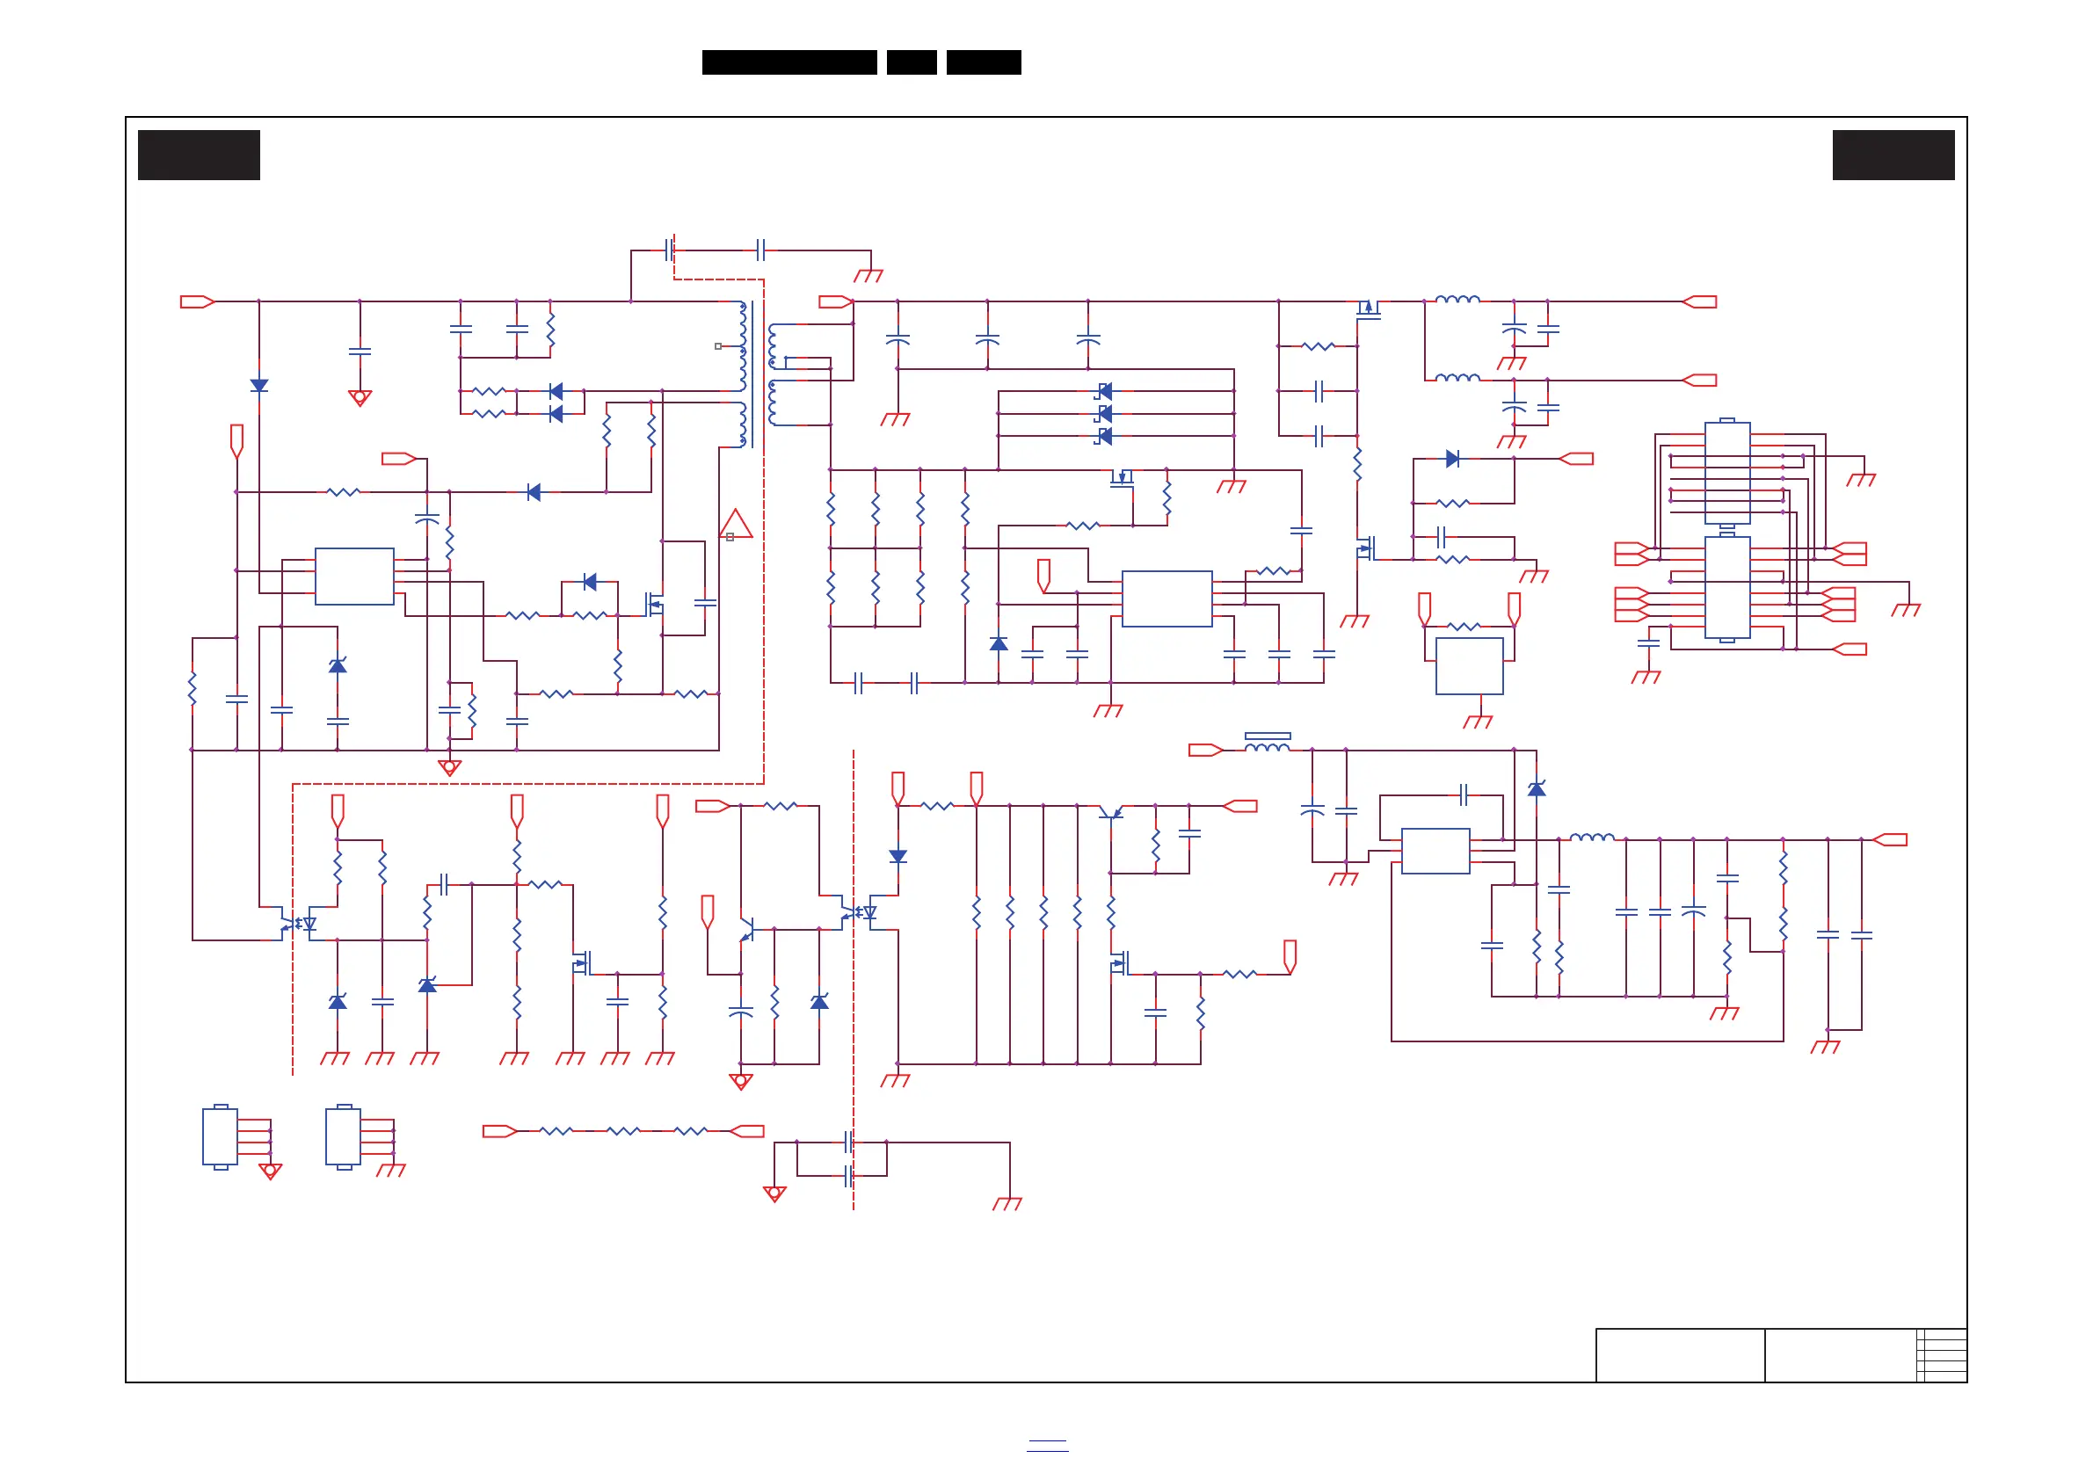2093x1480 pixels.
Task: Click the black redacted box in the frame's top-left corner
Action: [199, 155]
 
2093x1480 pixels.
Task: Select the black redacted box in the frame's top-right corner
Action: [1893, 155]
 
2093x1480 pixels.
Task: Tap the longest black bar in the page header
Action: [789, 62]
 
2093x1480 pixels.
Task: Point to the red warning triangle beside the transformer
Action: [736, 524]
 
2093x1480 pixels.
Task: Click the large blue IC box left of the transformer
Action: [353, 576]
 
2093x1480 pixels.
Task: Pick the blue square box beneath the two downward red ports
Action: [1469, 665]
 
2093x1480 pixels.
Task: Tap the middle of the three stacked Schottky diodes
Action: [1104, 414]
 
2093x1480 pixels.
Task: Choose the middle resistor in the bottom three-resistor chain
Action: [623, 1131]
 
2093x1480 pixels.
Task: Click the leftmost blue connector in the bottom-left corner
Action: [220, 1136]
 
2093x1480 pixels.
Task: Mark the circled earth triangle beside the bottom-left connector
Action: [270, 1171]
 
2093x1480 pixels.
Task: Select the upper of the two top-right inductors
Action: [1457, 299]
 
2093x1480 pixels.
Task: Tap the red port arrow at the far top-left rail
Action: [197, 301]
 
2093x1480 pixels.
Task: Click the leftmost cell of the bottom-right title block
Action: [1679, 1355]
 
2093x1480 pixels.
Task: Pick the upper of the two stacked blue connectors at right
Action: [1726, 472]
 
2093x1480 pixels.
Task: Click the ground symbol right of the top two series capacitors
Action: [868, 275]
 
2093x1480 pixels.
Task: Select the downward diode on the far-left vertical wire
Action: [259, 386]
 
